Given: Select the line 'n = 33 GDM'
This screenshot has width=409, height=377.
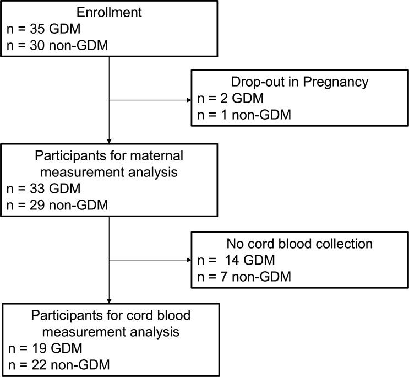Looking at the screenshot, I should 43,189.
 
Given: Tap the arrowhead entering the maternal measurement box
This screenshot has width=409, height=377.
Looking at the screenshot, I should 110,140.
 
